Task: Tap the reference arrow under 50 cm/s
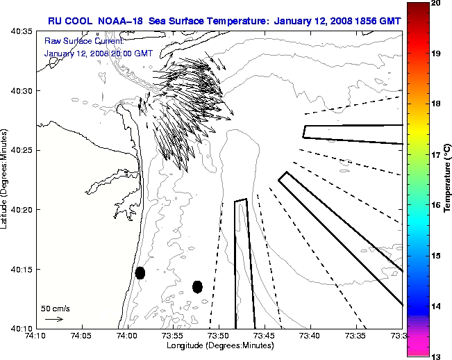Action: tap(53, 319)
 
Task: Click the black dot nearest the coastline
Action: tap(140, 272)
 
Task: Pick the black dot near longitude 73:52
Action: tap(197, 286)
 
